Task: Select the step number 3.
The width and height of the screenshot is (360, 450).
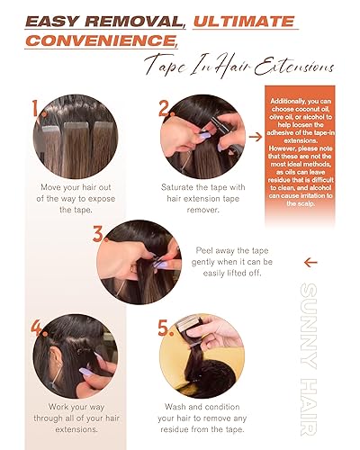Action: point(102,235)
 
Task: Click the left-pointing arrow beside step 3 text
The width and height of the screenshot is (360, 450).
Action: point(312,264)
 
